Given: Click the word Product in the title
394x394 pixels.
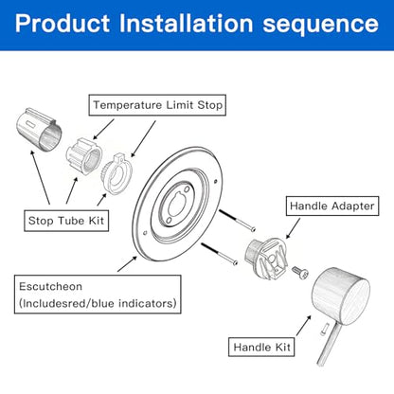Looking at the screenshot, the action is (x=63, y=23).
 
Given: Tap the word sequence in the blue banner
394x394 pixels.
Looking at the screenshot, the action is (x=320, y=25).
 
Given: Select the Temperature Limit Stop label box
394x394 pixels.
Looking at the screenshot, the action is (x=157, y=105).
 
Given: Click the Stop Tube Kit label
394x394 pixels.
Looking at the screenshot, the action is (x=66, y=221).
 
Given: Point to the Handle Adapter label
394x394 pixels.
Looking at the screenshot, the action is (x=332, y=206).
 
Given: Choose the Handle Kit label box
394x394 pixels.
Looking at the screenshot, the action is (x=261, y=348).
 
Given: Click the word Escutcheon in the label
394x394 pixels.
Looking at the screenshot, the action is (x=50, y=286).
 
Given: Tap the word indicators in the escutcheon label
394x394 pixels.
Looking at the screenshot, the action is (x=147, y=303).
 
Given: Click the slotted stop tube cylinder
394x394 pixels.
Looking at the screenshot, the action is (x=39, y=130).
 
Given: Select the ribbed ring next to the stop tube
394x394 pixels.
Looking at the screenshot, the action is (x=84, y=155).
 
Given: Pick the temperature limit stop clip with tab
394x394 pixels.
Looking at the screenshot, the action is (x=116, y=174).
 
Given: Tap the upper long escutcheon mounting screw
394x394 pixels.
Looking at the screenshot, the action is (x=237, y=221).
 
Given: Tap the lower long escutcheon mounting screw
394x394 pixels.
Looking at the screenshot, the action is (x=219, y=254).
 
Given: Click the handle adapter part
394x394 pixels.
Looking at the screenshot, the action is (x=266, y=258).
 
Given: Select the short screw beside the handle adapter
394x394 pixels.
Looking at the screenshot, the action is (x=299, y=272).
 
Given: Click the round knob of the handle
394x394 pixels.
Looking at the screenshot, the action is (x=341, y=296).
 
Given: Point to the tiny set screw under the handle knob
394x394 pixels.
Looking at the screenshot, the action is (x=325, y=329).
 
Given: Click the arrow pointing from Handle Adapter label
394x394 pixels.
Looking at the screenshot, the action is (x=293, y=228).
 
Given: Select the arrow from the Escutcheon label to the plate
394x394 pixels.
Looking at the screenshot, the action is (x=127, y=263).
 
